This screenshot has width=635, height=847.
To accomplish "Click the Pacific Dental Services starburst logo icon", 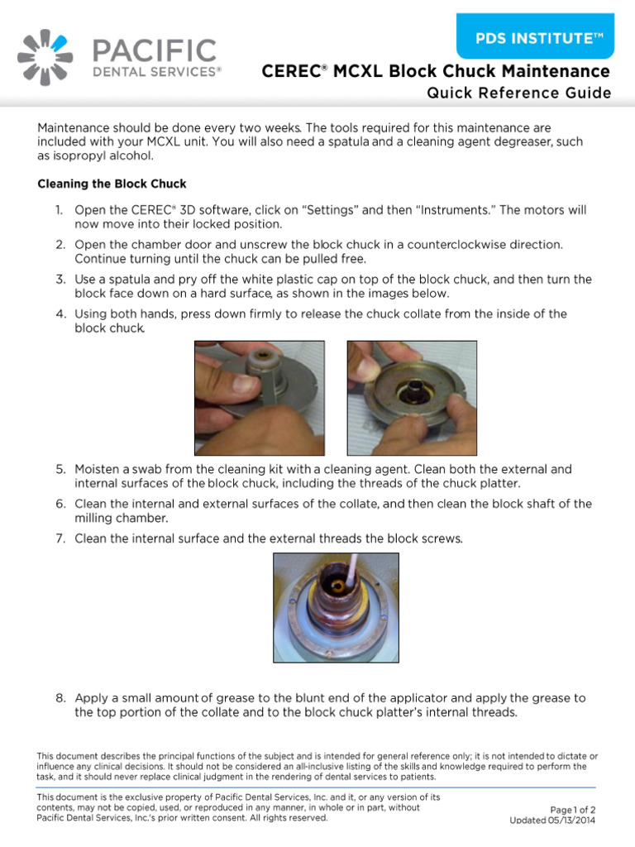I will pyautogui.click(x=45, y=57).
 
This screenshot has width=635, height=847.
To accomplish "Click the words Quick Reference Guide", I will pyautogui.click(x=518, y=93).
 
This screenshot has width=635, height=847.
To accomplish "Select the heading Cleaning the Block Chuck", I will pyautogui.click(x=112, y=183).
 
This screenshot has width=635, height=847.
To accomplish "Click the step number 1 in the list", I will pyautogui.click(x=60, y=211).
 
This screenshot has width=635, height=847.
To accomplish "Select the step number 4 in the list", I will pyautogui.click(x=60, y=314).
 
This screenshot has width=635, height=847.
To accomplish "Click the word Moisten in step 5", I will pyautogui.click(x=99, y=469).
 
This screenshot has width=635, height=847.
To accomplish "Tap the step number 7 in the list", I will pyautogui.click(x=60, y=538).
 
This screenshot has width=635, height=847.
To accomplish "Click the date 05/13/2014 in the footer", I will pyautogui.click(x=571, y=821).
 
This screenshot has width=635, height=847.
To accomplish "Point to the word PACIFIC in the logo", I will pyautogui.click(x=154, y=51).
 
